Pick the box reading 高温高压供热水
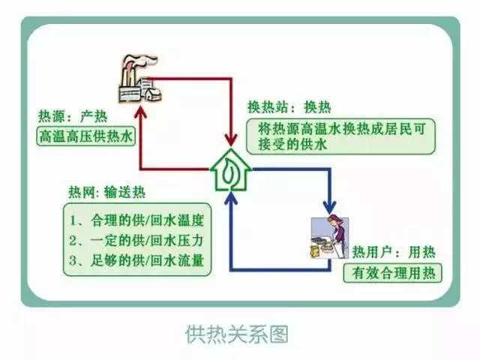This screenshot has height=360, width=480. [x=85, y=137]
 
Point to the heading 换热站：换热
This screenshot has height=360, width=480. [x=289, y=107]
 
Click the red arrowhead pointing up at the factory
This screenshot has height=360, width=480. [x=141, y=112]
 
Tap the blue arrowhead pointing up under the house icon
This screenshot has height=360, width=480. [x=231, y=197]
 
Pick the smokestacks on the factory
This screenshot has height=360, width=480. [x=127, y=67]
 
